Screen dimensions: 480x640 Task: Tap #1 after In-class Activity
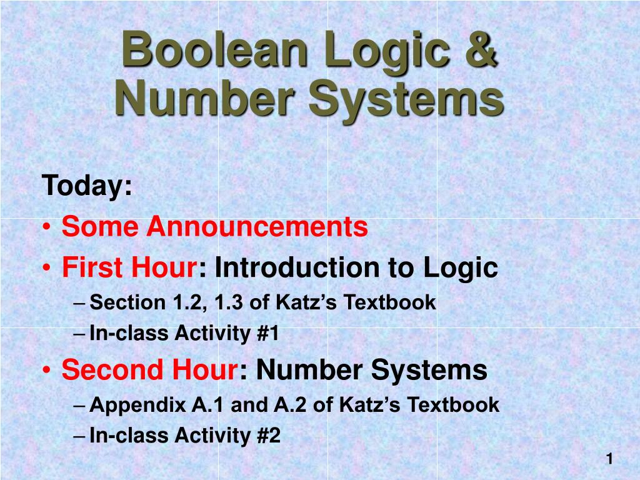pyautogui.click(x=267, y=334)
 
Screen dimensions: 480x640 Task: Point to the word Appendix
pyautogui.click(x=137, y=405)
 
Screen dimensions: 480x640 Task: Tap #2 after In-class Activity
pyautogui.click(x=268, y=436)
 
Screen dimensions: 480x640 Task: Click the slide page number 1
pyautogui.click(x=609, y=459)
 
